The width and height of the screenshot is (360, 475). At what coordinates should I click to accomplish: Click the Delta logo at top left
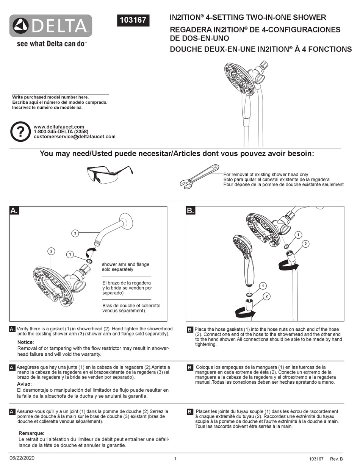(51, 26)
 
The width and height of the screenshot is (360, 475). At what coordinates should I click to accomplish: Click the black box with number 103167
(133, 20)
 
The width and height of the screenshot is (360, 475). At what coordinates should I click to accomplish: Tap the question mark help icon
(20, 131)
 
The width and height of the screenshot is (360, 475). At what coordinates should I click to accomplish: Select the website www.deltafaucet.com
(59, 127)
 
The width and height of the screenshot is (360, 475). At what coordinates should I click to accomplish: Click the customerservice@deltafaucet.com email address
(74, 137)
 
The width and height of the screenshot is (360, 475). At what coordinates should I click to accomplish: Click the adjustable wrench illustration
(199, 177)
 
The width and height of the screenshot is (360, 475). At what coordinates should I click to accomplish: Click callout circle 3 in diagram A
(75, 233)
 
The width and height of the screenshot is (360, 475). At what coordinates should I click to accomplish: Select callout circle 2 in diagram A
(52, 251)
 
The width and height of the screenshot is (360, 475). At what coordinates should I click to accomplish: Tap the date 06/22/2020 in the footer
(22, 458)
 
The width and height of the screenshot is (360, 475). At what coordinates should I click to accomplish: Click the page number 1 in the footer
(175, 459)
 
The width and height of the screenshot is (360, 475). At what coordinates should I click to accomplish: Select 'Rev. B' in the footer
(337, 459)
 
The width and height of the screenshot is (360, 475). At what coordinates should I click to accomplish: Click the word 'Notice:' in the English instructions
(26, 342)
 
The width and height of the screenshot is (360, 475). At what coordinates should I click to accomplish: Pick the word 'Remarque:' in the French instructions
(31, 433)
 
